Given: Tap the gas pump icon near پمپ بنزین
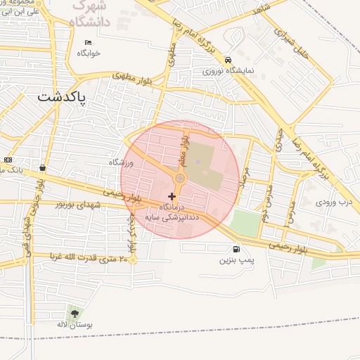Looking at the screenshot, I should pyautogui.click(x=235, y=249).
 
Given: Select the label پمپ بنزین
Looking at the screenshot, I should pyautogui.click(x=235, y=260).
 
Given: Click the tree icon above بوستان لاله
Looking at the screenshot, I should pyautogui.click(x=75, y=314).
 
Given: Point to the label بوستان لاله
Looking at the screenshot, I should pyautogui.click(x=75, y=325).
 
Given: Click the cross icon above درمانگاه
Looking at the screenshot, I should pyautogui.click(x=172, y=195).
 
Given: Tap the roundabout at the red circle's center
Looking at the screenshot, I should pyautogui.click(x=180, y=179).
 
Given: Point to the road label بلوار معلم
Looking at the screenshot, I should pyautogui.click(x=185, y=150).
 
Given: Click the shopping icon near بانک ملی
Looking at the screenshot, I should pyautogui.click(x=44, y=167).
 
